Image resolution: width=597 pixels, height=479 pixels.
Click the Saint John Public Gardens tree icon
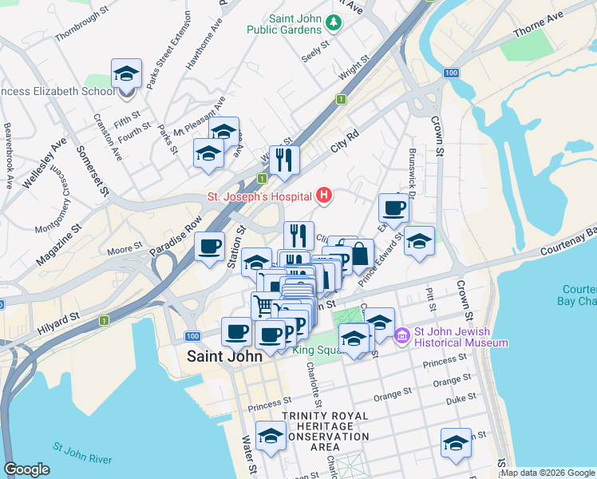click(335, 23)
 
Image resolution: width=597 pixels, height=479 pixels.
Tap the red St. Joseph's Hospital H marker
click(324, 194)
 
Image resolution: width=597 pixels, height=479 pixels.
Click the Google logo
click(26, 469)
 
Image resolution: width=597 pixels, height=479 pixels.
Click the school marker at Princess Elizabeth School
click(127, 74)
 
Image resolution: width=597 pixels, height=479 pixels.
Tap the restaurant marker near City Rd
click(284, 160)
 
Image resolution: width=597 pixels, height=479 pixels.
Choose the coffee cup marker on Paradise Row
click(210, 246)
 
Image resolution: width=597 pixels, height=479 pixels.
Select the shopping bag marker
click(360, 254)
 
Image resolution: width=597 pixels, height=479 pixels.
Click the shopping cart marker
click(265, 306)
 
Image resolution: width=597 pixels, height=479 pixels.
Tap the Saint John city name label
click(224, 357)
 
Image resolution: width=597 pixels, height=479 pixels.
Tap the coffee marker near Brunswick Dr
click(393, 208)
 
